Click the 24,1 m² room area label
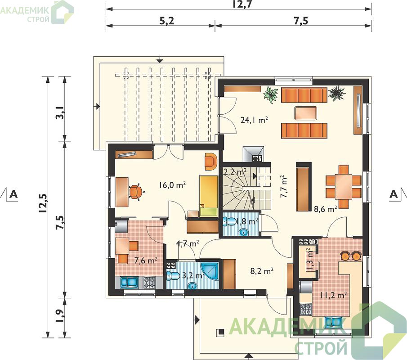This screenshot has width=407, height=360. tap(254, 120)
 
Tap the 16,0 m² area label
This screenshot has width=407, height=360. tap(172, 185)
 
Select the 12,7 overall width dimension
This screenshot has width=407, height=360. tap(242, 4)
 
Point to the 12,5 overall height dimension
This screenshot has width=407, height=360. tap(43, 204)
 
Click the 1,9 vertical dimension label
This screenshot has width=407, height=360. tap(60, 316)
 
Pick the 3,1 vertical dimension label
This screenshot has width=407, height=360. tap(60, 113)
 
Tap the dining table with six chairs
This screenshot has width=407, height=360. tap(344, 186)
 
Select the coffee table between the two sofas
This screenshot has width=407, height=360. tap(306, 113)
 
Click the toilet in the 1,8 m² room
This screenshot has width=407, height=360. tap(229, 221)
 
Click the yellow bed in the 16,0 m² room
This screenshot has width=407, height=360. tap(208, 196)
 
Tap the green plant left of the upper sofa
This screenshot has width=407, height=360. tap(271, 95)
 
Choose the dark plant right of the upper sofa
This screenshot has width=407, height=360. tap(336, 94)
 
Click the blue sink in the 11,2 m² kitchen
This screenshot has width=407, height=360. tap(335, 322)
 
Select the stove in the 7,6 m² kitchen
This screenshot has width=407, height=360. tap(149, 282)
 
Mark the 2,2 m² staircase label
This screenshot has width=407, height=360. tap(235, 172)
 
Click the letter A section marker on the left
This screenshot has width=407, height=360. tap(13, 194)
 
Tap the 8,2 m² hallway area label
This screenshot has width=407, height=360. tap(262, 271)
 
